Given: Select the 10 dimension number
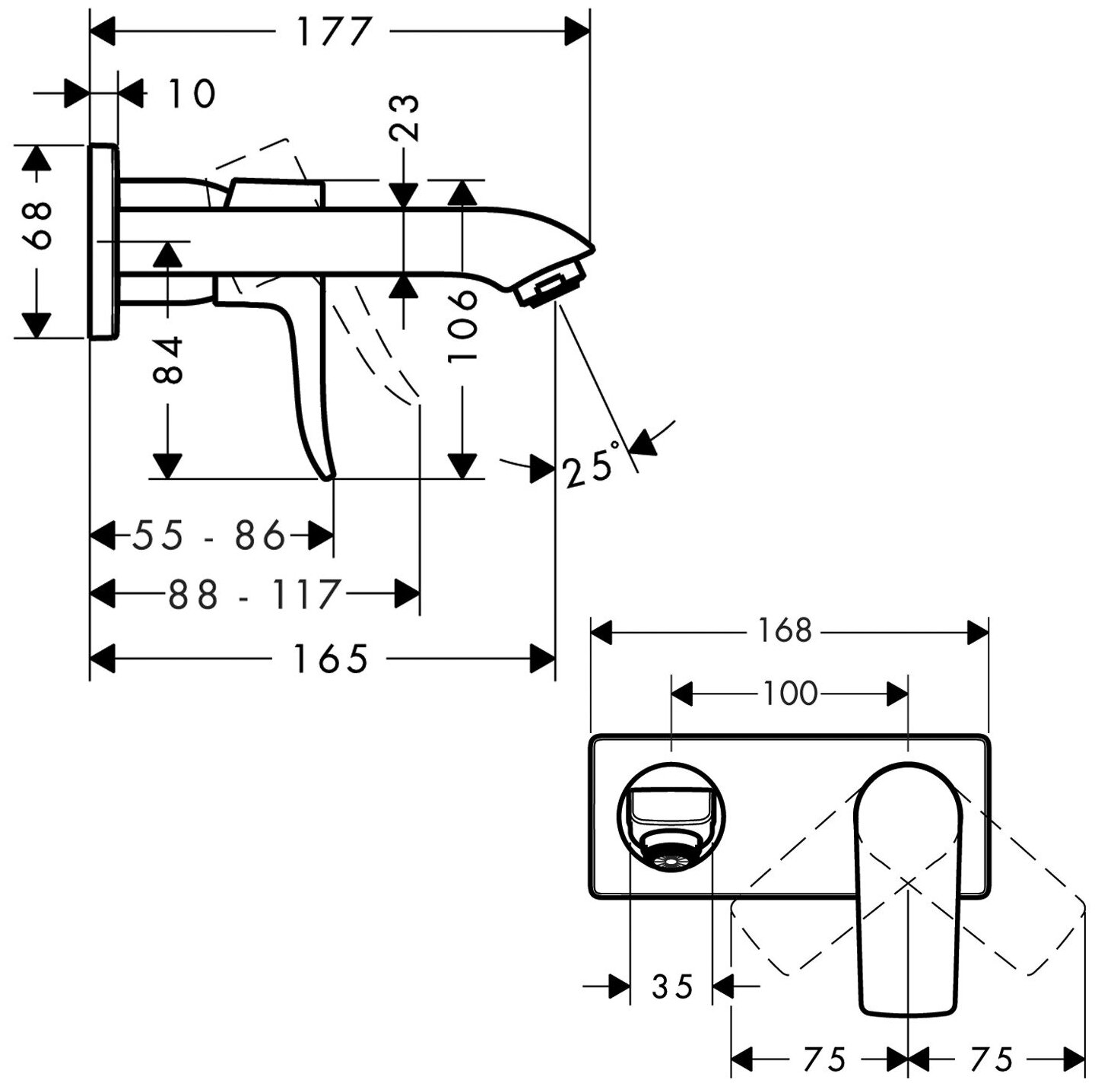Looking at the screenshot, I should pos(192,94).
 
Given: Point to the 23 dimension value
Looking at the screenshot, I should pos(407,117).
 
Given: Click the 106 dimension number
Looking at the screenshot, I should pos(462,328).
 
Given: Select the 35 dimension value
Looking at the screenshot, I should pos(673,986).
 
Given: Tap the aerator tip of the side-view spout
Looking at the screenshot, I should pos(551,287).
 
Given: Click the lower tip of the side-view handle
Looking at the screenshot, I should pos(328,477).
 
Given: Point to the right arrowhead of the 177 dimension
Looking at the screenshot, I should pos(579,32).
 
